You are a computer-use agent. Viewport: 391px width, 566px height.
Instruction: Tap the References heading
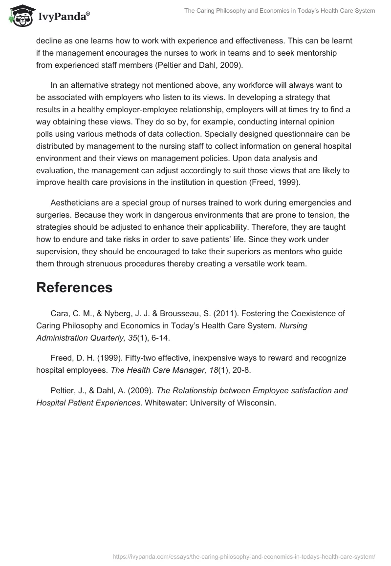pyautogui.click(x=74, y=287)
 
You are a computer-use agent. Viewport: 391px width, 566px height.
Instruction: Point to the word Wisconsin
pyautogui.click(x=257, y=403)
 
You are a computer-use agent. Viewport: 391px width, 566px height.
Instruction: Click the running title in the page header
pyautogui.click(x=280, y=11)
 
